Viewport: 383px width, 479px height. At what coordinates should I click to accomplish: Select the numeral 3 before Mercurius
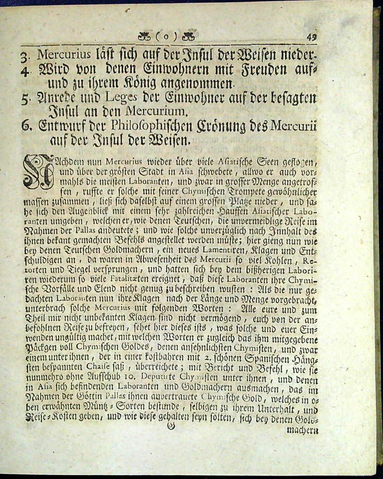coord(24,57)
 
